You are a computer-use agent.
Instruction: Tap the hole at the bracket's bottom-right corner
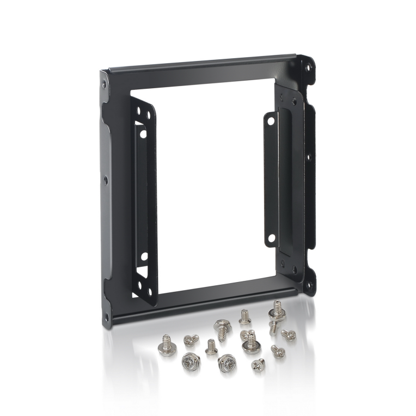309,284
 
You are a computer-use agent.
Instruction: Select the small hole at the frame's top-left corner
104,84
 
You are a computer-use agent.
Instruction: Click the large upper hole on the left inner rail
141,133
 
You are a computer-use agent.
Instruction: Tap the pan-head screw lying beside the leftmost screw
189,340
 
